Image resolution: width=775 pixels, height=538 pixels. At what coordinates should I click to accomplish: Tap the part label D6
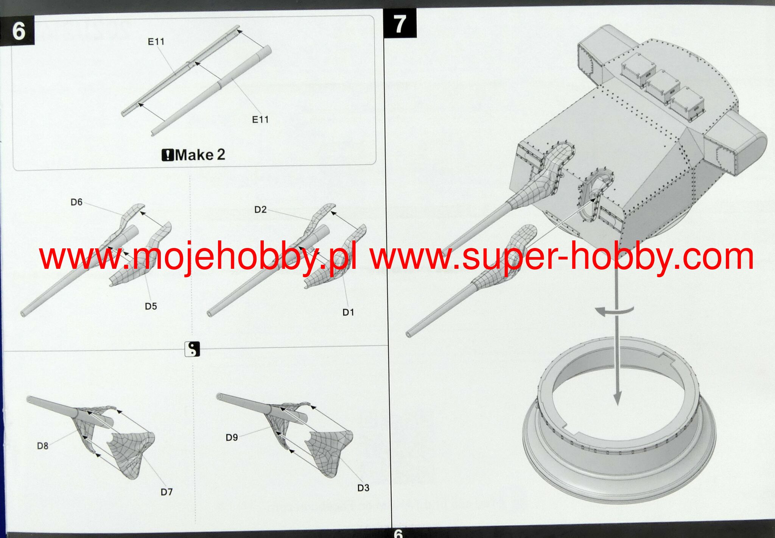[76, 202]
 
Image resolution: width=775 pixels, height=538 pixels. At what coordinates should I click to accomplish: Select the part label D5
[151, 306]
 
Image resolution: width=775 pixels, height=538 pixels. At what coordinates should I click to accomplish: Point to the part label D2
[260, 209]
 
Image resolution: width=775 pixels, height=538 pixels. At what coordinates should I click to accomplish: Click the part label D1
[348, 312]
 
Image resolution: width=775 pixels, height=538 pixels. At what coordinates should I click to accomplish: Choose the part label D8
[42, 446]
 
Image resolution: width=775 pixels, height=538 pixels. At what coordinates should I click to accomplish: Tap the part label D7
[167, 492]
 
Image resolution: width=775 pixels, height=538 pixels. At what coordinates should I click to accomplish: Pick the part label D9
[232, 437]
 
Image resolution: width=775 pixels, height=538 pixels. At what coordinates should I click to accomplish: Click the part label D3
[363, 488]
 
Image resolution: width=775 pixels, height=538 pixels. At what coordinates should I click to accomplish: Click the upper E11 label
[156, 41]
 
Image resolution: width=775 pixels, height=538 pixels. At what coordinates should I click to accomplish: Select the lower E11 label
[260, 120]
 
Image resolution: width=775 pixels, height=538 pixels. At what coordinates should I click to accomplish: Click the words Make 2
[200, 154]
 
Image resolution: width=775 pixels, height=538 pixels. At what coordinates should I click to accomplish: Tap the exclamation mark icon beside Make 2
[167, 155]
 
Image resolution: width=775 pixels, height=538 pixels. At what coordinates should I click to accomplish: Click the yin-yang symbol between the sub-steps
[192, 349]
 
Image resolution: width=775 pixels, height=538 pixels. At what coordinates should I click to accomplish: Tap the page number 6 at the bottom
[398, 533]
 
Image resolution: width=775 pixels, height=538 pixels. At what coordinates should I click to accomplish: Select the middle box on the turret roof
[661, 87]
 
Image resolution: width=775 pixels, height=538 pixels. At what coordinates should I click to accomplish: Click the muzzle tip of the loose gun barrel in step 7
[409, 334]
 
